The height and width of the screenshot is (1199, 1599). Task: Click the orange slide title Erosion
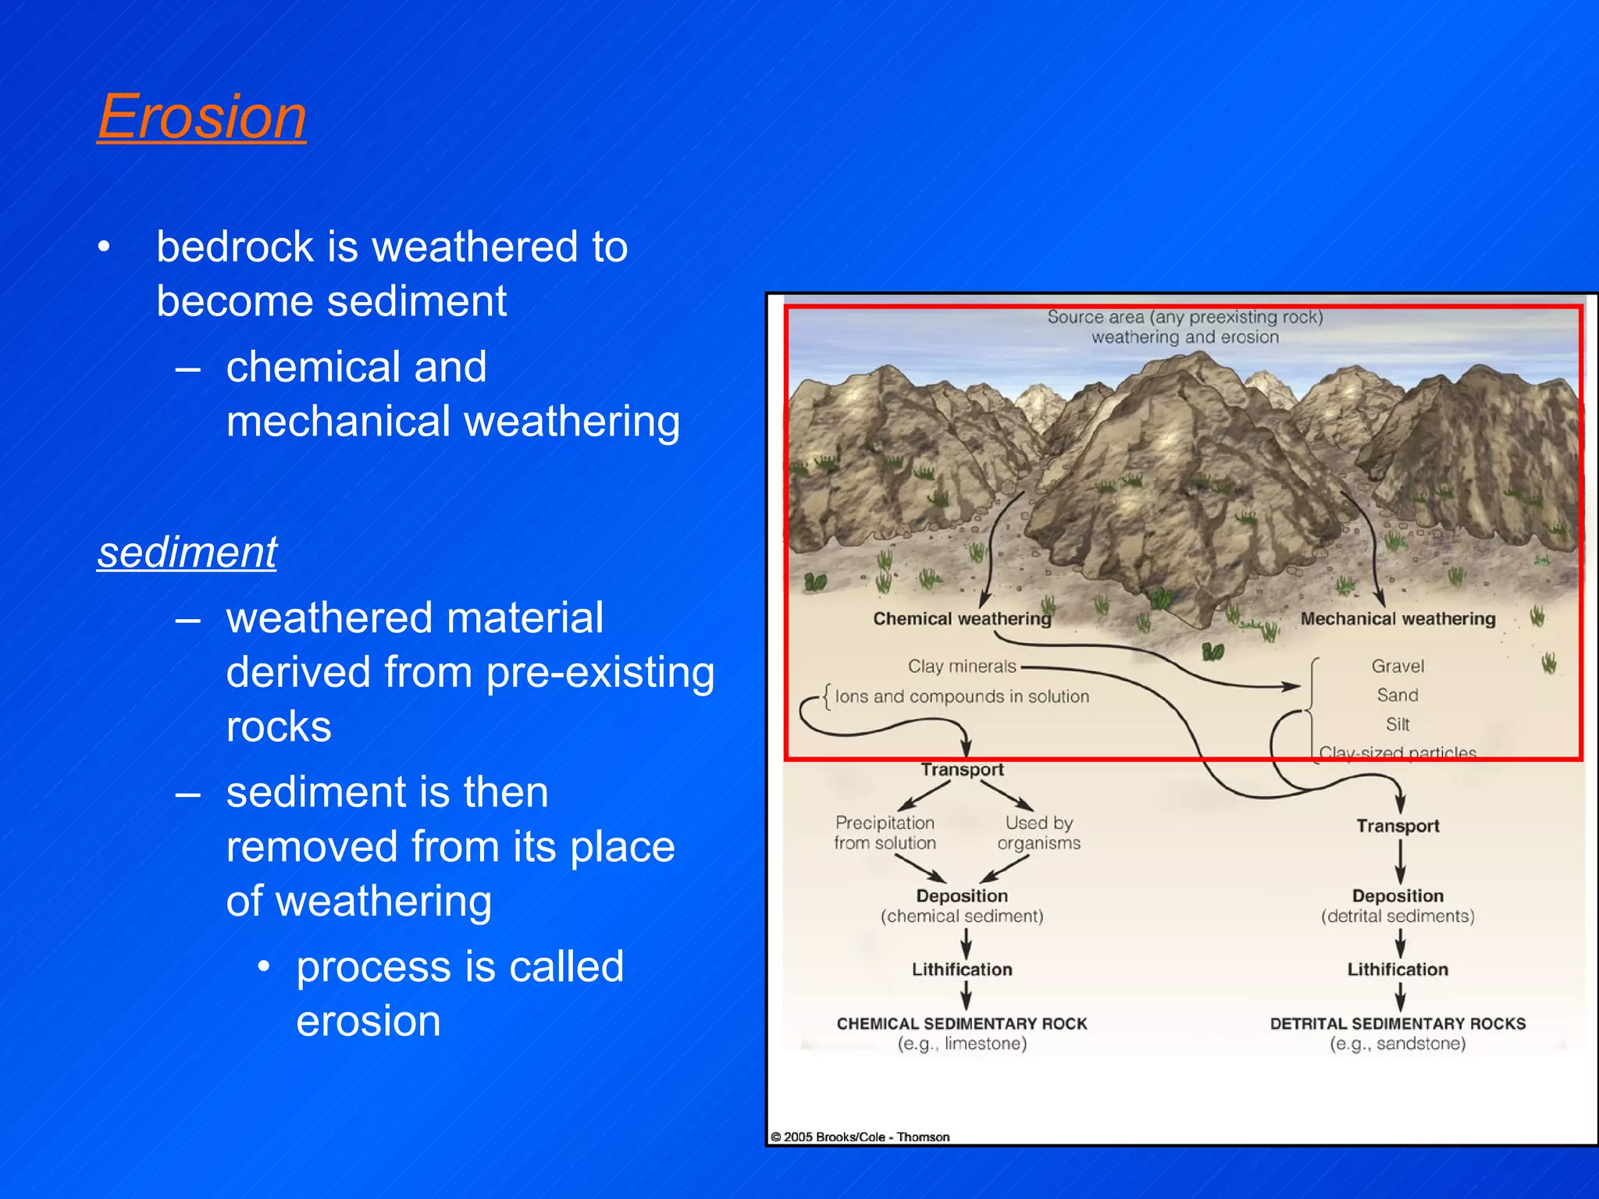pyautogui.click(x=201, y=117)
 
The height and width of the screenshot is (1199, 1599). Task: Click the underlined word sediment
pyautogui.click(x=187, y=553)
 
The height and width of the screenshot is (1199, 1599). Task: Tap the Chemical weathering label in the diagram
pyautogui.click(x=961, y=619)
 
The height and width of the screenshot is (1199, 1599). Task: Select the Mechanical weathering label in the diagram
pyautogui.click(x=1398, y=619)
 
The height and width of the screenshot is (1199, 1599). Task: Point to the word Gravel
pyautogui.click(x=1398, y=666)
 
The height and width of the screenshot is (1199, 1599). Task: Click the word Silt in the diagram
pyautogui.click(x=1398, y=724)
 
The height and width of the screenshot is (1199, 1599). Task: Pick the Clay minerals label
pyautogui.click(x=961, y=667)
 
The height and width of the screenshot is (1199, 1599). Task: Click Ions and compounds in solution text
pyautogui.click(x=961, y=696)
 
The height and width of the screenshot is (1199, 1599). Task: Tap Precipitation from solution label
pyautogui.click(x=885, y=833)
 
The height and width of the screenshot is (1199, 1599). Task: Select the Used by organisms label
pyautogui.click(x=1038, y=833)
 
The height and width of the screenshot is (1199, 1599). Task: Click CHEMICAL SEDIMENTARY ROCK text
pyautogui.click(x=961, y=1023)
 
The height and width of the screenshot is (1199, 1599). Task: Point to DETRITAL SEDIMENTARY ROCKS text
pyautogui.click(x=1398, y=1023)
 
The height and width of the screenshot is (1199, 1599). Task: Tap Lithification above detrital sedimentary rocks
pyautogui.click(x=1398, y=970)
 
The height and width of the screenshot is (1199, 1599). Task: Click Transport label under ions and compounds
pyautogui.click(x=961, y=770)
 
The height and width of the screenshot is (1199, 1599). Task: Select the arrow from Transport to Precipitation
pyautogui.click(x=924, y=795)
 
